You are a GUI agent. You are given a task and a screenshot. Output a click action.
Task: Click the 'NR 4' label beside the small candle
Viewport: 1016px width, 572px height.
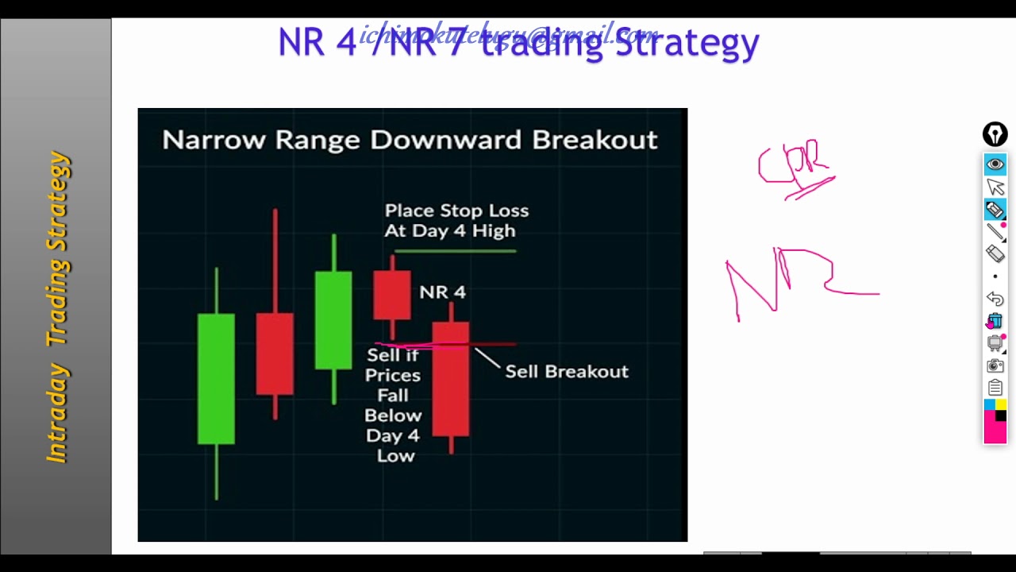(442, 292)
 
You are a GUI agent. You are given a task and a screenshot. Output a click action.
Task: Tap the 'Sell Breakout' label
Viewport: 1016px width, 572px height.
(567, 372)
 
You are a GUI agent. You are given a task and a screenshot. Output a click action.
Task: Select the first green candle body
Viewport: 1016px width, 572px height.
(216, 378)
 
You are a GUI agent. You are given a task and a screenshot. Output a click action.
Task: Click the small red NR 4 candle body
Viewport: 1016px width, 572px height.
(392, 295)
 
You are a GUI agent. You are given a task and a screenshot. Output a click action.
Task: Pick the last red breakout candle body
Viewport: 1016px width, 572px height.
(451, 379)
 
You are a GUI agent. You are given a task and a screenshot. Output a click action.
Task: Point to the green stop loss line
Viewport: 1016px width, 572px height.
(455, 251)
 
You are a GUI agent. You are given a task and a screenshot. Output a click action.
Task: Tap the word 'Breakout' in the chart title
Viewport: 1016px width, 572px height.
(595, 140)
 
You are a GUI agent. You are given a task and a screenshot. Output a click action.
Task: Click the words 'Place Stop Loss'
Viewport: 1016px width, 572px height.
(456, 211)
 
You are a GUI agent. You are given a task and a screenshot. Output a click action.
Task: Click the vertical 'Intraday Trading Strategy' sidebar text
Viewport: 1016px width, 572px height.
(58, 307)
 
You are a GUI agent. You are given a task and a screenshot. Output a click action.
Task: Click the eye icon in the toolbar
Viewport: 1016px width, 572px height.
(995, 164)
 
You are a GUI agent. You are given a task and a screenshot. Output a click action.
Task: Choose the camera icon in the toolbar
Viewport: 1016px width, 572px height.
(995, 365)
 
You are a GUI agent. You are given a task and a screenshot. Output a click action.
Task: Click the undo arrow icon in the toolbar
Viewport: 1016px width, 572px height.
(995, 299)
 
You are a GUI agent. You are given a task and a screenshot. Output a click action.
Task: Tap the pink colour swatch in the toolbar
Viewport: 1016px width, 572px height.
(995, 431)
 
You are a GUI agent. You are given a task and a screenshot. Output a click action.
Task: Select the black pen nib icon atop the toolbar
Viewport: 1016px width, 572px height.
(995, 134)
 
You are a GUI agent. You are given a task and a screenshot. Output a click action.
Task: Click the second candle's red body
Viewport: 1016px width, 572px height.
(275, 354)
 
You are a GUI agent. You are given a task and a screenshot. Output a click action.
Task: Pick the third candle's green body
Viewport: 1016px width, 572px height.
(333, 320)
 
